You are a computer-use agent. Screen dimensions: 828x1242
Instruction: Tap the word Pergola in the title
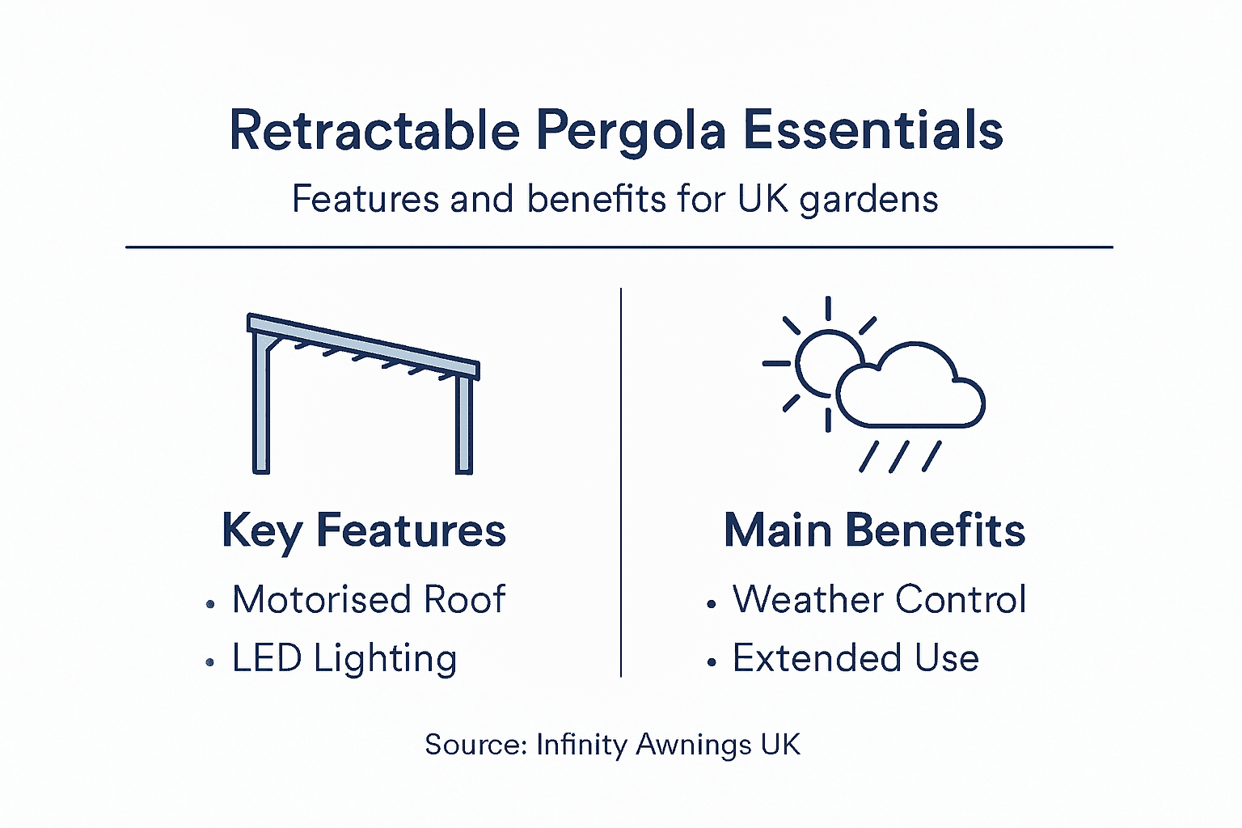pyautogui.click(x=631, y=132)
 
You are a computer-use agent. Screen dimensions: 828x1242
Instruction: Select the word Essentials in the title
pyautogui.click(x=872, y=130)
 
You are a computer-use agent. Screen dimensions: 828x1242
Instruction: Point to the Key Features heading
pyautogui.click(x=364, y=531)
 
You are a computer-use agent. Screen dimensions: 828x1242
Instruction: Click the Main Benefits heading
pyautogui.click(x=874, y=531)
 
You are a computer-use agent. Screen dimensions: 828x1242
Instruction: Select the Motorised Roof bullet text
pyautogui.click(x=369, y=600)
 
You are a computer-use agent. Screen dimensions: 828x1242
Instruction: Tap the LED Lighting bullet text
pyautogui.click(x=344, y=658)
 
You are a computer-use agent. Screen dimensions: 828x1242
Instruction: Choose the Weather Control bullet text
pyautogui.click(x=879, y=600)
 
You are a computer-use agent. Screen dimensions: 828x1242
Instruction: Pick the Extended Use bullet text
pyautogui.click(x=855, y=658)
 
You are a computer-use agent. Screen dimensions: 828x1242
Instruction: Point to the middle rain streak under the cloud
pyautogui.click(x=899, y=457)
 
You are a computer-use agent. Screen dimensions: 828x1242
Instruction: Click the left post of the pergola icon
pyautogui.click(x=261, y=404)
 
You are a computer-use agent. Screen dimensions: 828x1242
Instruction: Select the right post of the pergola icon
pyautogui.click(x=463, y=425)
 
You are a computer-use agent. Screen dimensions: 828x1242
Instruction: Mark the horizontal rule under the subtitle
pyautogui.click(x=619, y=247)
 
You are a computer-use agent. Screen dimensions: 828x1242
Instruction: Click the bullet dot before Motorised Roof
pyautogui.click(x=210, y=603)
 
